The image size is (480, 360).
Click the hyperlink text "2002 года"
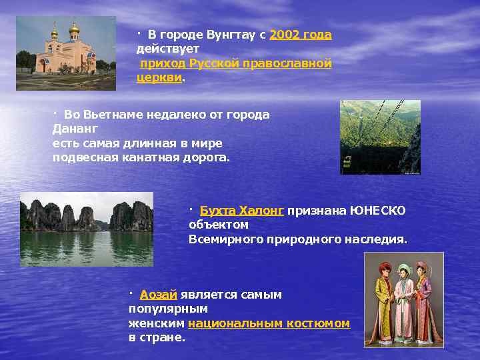coord(301,35)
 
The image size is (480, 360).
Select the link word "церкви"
coord(159,77)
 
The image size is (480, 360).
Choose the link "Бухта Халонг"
coord(242,211)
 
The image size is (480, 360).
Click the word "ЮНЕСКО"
coord(379,211)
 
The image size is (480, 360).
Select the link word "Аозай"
coord(158,295)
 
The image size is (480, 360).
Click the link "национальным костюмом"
coord(269,323)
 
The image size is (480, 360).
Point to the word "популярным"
coord(168,309)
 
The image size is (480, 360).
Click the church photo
coord(66,53)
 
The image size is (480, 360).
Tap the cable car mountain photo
coord(380,137)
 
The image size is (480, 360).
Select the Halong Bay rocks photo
coord(87,229)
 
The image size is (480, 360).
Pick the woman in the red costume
coord(424,303)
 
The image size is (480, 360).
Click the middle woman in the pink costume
coord(403,303)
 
